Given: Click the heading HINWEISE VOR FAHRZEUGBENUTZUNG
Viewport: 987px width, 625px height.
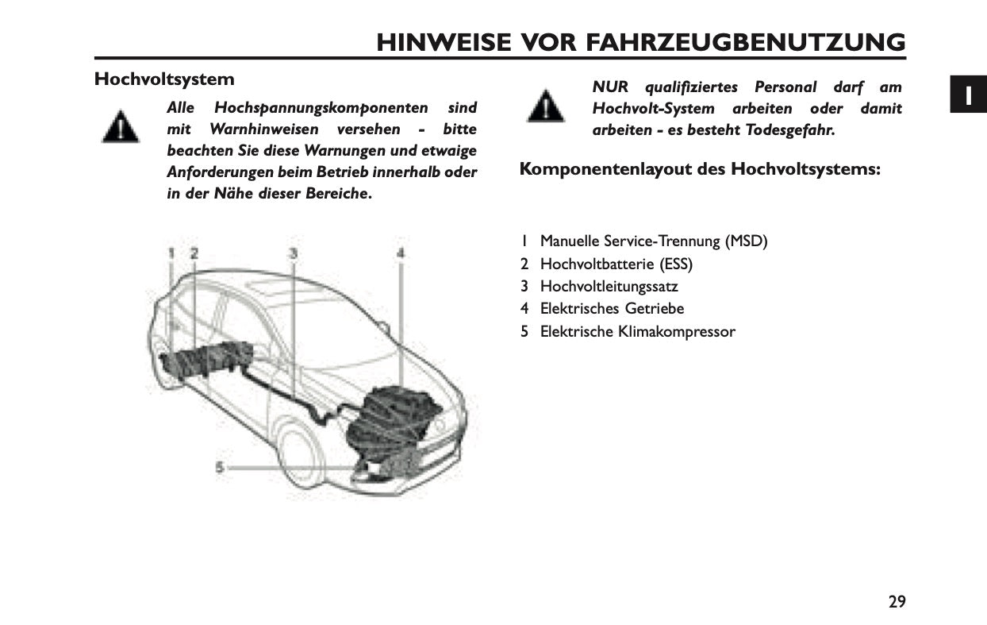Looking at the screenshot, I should tap(640, 41).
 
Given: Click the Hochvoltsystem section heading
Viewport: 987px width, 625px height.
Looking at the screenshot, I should tap(164, 79).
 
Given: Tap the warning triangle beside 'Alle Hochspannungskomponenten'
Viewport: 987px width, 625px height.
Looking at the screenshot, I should tap(121, 127).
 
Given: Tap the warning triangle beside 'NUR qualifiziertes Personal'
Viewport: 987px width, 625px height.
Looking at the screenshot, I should tap(546, 106).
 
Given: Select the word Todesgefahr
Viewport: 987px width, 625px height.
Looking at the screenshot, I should tap(789, 130).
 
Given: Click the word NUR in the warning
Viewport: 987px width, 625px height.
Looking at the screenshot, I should tap(609, 87).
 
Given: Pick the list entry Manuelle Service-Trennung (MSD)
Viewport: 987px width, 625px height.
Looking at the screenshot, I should tap(653, 241).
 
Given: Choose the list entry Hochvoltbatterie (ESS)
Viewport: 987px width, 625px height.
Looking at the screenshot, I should tap(616, 264).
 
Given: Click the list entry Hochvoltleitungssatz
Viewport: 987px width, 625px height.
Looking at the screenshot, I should tap(609, 286).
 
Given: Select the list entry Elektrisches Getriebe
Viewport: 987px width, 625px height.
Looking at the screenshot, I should tap(612, 308).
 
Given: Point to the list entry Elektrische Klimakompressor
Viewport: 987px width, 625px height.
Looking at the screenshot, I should tap(637, 331).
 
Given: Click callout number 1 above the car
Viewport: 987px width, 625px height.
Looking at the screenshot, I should tap(171, 253).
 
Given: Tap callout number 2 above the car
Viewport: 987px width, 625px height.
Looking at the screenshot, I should tap(194, 253).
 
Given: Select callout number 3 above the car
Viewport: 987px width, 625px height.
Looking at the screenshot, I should tap(293, 253).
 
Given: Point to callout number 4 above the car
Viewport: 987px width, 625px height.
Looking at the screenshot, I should tap(401, 253).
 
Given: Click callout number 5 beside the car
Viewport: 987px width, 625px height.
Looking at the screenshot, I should tap(220, 467).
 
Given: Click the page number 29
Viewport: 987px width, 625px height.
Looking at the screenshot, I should tap(897, 601).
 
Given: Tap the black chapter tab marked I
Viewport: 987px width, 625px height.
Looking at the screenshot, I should tap(968, 95).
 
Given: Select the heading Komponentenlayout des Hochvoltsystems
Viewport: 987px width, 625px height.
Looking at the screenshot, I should tap(700, 169).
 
